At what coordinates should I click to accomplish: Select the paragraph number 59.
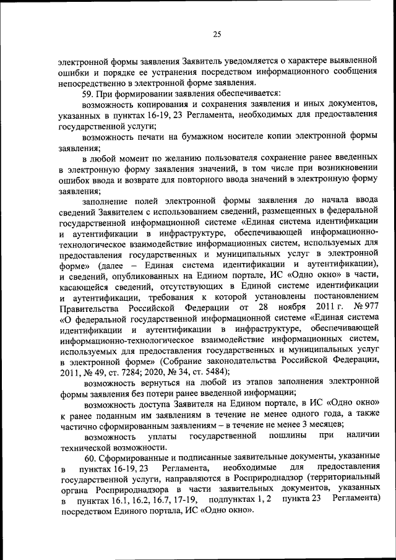click(x=88, y=93)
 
